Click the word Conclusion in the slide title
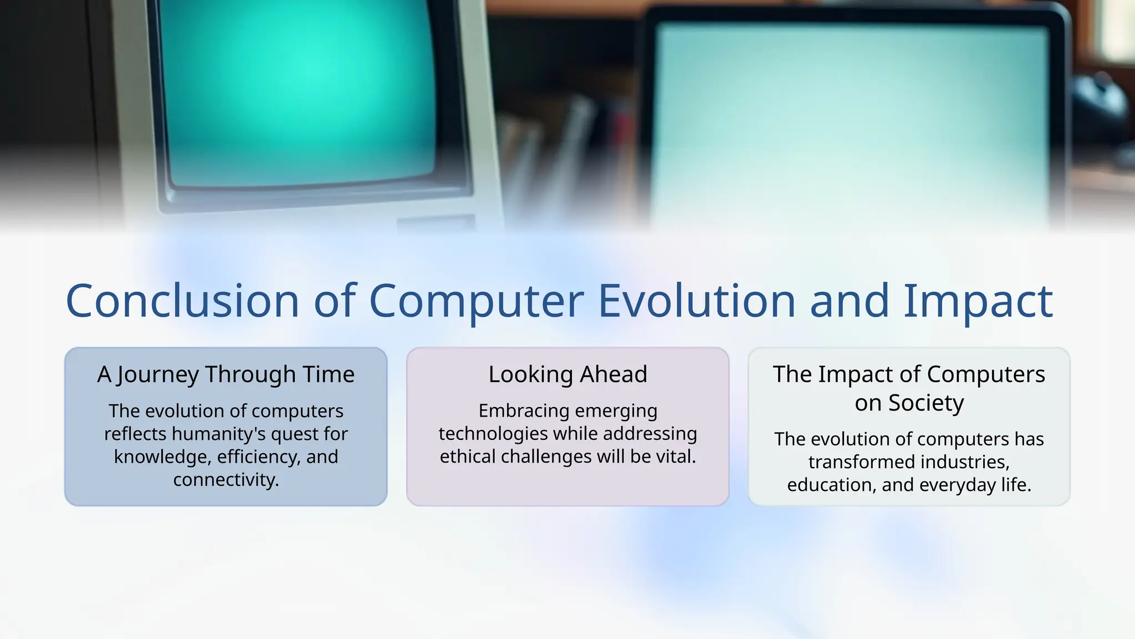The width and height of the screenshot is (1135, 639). tap(182, 301)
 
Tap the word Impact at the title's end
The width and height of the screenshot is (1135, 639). tap(978, 301)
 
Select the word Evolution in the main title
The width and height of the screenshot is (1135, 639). tap(697, 301)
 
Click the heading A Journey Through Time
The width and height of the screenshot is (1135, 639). tap(226, 374)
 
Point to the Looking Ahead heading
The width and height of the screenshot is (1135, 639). tap(567, 374)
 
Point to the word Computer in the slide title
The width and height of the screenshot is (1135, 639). tap(476, 301)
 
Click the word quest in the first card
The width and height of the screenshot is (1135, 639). tap(296, 434)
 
